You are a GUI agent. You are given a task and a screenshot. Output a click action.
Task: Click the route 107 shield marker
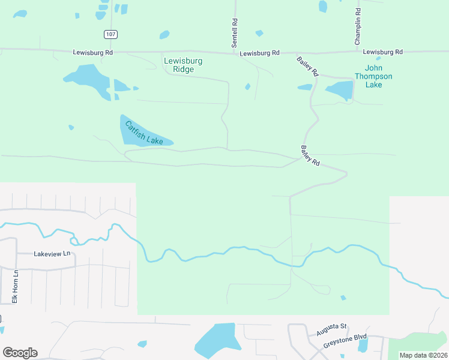pyautogui.click(x=110, y=34)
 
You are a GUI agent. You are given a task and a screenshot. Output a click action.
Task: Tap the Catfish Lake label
pyautogui.click(x=144, y=133)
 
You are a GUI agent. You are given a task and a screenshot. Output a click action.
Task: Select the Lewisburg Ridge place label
pyautogui.click(x=183, y=65)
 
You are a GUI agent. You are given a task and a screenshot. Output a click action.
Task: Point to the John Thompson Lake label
pyautogui.click(x=373, y=76)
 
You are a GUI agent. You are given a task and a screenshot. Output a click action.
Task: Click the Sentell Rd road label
pyautogui.click(x=235, y=33)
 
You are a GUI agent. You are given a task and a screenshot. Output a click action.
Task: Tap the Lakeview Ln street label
pyautogui.click(x=52, y=254)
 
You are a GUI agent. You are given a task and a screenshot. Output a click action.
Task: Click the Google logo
pyautogui.click(x=20, y=353)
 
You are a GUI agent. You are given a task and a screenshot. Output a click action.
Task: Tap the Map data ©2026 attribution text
pyautogui.click(x=424, y=355)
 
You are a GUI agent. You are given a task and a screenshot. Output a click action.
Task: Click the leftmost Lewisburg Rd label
pyautogui.click(x=93, y=52)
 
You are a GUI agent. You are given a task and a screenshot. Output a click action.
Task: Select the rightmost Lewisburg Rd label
pyautogui.click(x=383, y=52)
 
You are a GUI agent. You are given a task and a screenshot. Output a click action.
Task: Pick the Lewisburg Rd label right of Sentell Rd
pyautogui.click(x=259, y=53)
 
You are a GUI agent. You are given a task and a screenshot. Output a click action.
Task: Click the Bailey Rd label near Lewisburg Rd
pyautogui.click(x=307, y=66)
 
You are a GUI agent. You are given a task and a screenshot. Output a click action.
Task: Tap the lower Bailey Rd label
pyautogui.click(x=310, y=155)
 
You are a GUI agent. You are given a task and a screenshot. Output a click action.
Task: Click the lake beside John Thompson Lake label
pyautogui.click(x=340, y=91)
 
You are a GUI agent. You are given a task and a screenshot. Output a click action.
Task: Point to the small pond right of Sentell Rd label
pyautogui.click(x=259, y=33)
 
